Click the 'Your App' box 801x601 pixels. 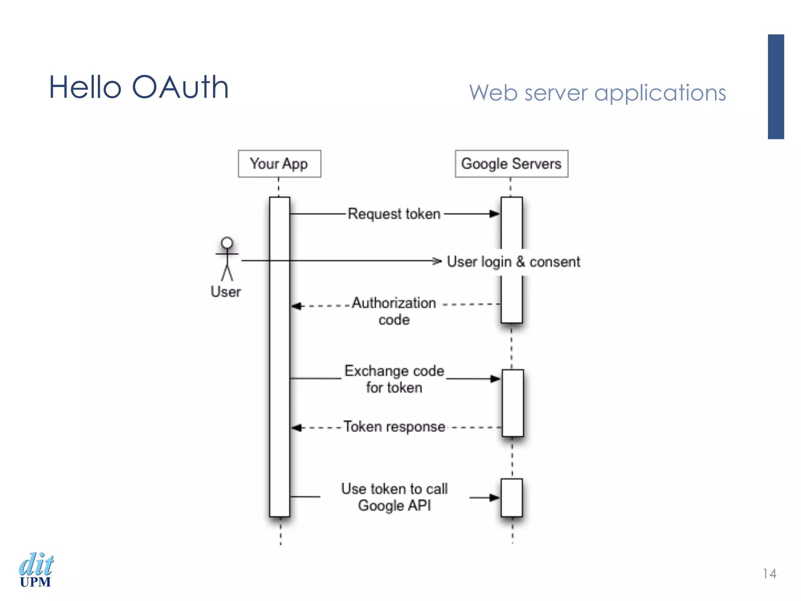[279, 164]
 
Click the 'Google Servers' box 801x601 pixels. [511, 164]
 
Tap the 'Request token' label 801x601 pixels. [394, 214]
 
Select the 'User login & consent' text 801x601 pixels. [513, 262]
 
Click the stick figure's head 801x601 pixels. [227, 243]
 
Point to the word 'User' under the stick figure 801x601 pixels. [226, 292]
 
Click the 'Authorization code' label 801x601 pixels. [394, 311]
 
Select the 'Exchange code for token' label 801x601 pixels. [394, 379]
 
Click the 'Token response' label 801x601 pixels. [394, 426]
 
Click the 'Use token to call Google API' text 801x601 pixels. [394, 497]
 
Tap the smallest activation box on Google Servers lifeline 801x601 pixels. [512, 497]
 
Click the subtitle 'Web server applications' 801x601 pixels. [597, 93]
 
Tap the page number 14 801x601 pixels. [769, 574]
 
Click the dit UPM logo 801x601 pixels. [36, 570]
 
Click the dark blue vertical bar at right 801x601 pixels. [776, 86]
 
